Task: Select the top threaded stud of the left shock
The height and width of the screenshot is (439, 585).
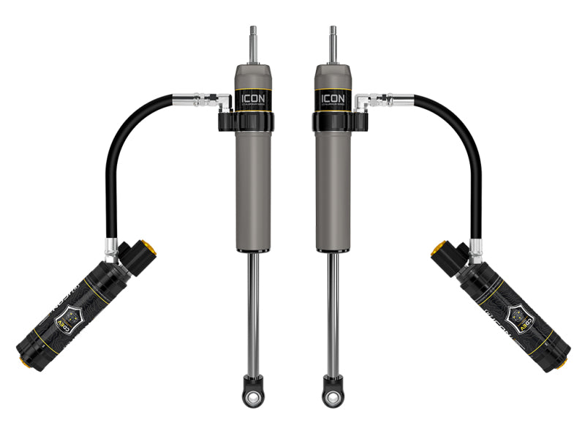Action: [254, 45]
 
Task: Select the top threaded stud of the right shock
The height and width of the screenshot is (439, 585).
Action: [332, 45]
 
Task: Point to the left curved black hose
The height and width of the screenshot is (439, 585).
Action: [117, 161]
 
